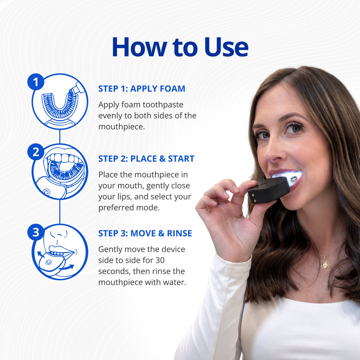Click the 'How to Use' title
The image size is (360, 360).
tap(180, 47)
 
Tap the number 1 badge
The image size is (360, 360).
tap(36, 82)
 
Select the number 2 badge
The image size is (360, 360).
tap(36, 152)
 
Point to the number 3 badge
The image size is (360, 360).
tap(36, 232)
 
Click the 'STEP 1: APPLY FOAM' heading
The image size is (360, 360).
tap(142, 89)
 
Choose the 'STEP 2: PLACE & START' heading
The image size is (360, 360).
tap(146, 159)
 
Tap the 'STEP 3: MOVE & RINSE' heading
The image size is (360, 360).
tap(145, 233)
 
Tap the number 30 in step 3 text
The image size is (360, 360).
tap(160, 260)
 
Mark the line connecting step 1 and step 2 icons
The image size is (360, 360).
tap(60, 137)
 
